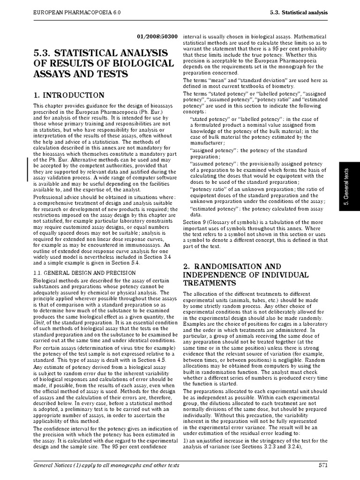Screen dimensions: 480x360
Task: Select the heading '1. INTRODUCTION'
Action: [x=68, y=95]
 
